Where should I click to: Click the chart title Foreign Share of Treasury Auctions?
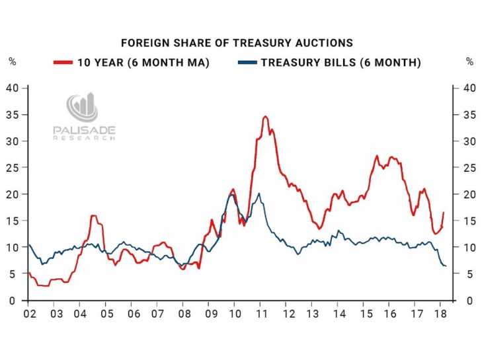pyautogui.click(x=237, y=43)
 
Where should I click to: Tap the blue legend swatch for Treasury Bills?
pyautogui.click(x=246, y=63)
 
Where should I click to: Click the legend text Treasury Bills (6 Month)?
pyautogui.click(x=341, y=63)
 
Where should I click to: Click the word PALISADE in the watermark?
pyautogui.click(x=84, y=131)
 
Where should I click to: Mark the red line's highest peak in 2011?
pyautogui.click(x=265, y=117)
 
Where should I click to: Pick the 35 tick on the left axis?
pyautogui.click(x=12, y=115)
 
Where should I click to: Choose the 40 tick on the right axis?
pyautogui.click(x=469, y=88)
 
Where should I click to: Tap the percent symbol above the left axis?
pyautogui.click(x=13, y=62)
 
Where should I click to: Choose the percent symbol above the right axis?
pyautogui.click(x=469, y=62)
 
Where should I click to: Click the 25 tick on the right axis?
pyautogui.click(x=469, y=168)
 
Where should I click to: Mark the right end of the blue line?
pyautogui.click(x=446, y=266)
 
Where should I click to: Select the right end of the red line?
pyautogui.click(x=444, y=213)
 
